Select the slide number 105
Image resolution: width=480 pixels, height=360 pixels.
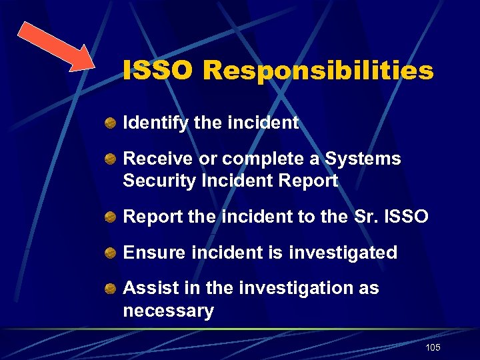tap(432, 348)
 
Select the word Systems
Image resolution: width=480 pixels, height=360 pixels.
tap(363, 159)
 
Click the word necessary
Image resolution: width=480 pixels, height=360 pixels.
tap(168, 311)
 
